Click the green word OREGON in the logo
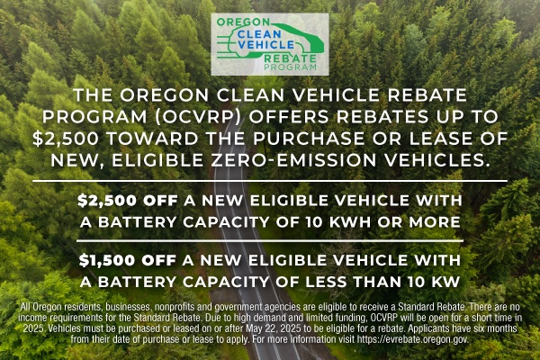pos(243,22)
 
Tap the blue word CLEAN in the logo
pos(259,34)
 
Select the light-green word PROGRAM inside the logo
pos(290,67)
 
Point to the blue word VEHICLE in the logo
pos(266,45)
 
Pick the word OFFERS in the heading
pos(289,117)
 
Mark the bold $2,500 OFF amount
pos(128,201)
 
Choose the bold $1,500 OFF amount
pos(128,260)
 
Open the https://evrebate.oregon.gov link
pos(412,339)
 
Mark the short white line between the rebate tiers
pos(270,241)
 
